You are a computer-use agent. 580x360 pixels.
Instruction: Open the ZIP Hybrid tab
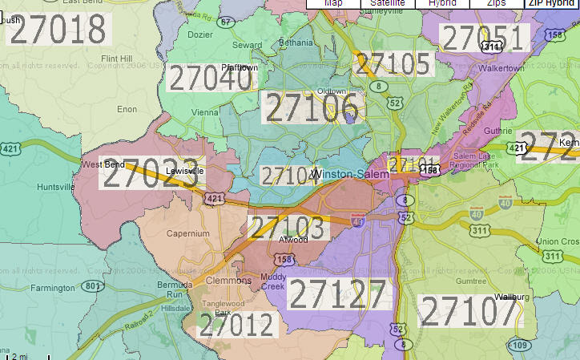(551, 3)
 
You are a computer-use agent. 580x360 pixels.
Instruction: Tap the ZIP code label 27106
(311, 107)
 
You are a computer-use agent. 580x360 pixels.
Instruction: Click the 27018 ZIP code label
(58, 30)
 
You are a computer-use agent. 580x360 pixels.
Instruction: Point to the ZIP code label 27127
(337, 295)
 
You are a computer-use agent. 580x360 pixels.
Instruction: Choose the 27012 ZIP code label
(237, 325)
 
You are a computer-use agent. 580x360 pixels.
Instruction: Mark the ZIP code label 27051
(485, 38)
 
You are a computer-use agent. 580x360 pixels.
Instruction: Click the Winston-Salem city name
(344, 174)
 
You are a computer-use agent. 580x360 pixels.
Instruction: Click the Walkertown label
(501, 68)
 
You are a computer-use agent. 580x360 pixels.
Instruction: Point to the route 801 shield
(93, 285)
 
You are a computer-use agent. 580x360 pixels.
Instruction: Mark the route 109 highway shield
(518, 345)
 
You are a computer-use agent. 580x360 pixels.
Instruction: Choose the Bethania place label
(296, 42)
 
